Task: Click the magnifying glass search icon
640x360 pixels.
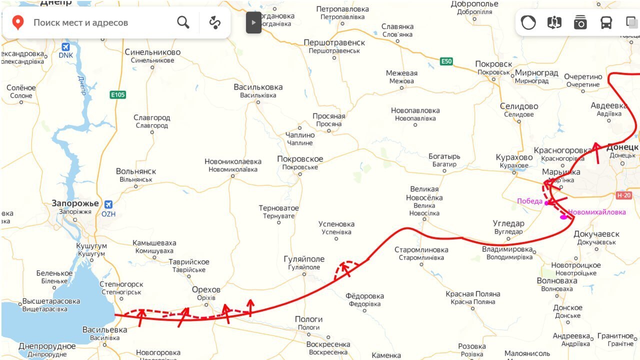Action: click(x=183, y=22)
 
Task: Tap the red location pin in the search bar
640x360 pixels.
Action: click(x=18, y=22)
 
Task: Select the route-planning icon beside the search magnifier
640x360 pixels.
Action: click(x=215, y=22)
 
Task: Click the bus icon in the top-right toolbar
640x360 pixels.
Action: click(x=606, y=22)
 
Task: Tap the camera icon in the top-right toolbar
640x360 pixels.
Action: click(x=580, y=22)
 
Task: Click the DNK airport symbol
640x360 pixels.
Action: click(x=65, y=47)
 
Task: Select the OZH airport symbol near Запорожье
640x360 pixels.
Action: click(x=108, y=204)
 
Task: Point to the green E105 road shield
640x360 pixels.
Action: click(x=117, y=94)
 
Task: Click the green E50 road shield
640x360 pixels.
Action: click(x=446, y=61)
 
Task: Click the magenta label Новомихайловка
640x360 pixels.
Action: click(x=596, y=212)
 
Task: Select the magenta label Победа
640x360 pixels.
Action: click(x=529, y=201)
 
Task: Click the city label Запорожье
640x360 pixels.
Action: click(x=75, y=203)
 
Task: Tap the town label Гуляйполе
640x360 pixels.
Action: click(x=304, y=259)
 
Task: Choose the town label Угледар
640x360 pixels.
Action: click(x=508, y=223)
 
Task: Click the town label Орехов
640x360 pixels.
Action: click(x=206, y=290)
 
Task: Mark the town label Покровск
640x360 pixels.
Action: click(x=493, y=64)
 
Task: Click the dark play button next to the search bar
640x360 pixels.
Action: click(x=253, y=22)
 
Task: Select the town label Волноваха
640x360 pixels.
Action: click(x=557, y=280)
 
